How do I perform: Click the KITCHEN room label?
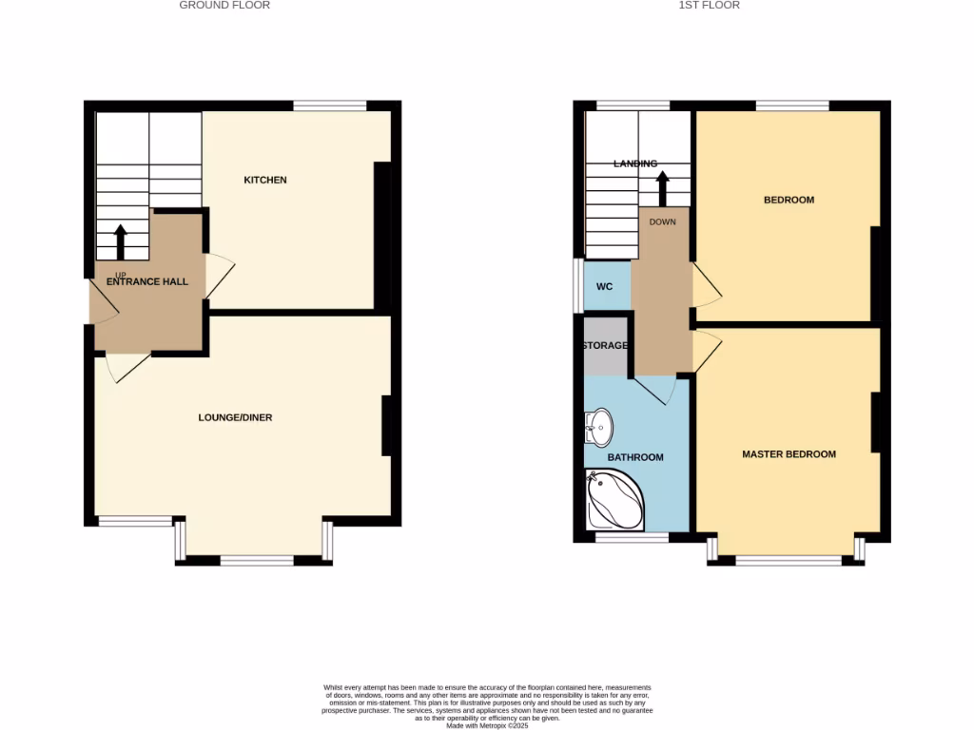pyautogui.click(x=265, y=180)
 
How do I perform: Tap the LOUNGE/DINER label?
pyautogui.click(x=235, y=417)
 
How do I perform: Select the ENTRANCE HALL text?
pyautogui.click(x=147, y=281)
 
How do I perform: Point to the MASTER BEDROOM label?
pyautogui.click(x=789, y=454)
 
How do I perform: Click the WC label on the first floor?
pyautogui.click(x=604, y=287)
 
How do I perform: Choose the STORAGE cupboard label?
pyautogui.click(x=605, y=345)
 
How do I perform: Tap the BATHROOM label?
pyautogui.click(x=635, y=457)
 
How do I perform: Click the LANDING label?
pyautogui.click(x=635, y=163)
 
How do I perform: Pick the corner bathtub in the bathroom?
pyautogui.click(x=614, y=501)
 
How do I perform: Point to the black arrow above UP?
pyautogui.click(x=121, y=240)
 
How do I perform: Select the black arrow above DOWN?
pyautogui.click(x=662, y=187)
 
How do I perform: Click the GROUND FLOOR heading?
pyautogui.click(x=224, y=6)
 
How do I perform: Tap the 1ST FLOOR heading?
pyautogui.click(x=709, y=6)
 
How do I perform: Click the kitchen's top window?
pyautogui.click(x=330, y=106)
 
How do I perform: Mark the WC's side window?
pyautogui.click(x=577, y=285)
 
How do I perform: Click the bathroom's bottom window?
pyautogui.click(x=632, y=537)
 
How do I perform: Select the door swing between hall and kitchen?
pyautogui.click(x=218, y=277)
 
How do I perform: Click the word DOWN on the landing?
pyautogui.click(x=662, y=221)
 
